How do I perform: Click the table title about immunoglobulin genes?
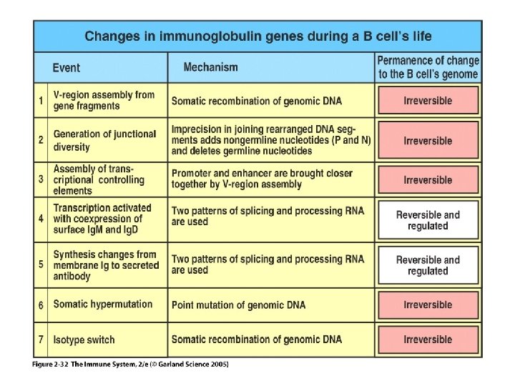click(258, 36)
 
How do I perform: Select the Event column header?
click(67, 68)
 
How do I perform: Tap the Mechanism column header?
click(210, 67)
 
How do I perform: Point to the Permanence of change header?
click(428, 67)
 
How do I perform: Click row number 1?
click(41, 100)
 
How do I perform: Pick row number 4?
click(41, 218)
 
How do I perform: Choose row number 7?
click(41, 340)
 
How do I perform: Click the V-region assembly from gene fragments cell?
click(104, 100)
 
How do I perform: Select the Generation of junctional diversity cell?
click(104, 140)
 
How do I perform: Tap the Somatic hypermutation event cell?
click(103, 305)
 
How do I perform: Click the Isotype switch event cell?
click(84, 340)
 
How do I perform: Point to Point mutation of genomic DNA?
click(238, 305)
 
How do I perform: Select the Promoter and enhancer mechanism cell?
click(262, 179)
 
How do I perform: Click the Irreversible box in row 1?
click(428, 101)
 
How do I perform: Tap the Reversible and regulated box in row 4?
click(428, 220)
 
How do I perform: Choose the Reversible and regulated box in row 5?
click(428, 265)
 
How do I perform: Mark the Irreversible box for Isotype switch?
click(428, 340)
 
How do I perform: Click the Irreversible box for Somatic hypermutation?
click(428, 305)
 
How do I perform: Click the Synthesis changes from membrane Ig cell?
click(106, 265)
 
